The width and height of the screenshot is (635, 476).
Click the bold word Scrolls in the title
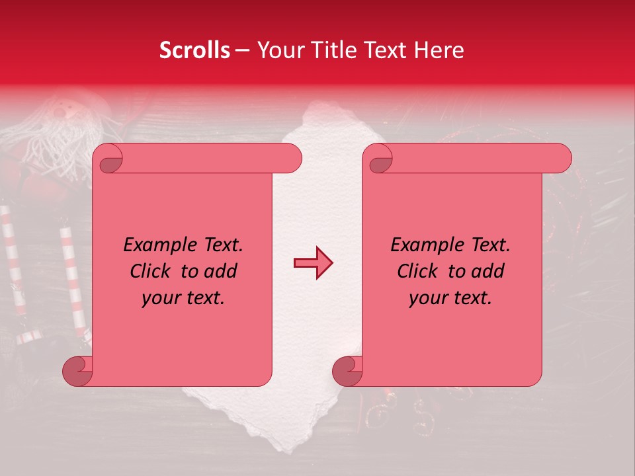tap(194, 50)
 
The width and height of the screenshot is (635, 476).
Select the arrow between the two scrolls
tap(314, 263)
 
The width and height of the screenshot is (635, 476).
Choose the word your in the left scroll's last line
tap(161, 298)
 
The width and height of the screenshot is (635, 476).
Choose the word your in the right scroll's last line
tap(429, 298)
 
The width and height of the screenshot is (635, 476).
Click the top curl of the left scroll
tap(108, 159)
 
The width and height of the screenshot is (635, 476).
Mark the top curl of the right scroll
tap(378, 159)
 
